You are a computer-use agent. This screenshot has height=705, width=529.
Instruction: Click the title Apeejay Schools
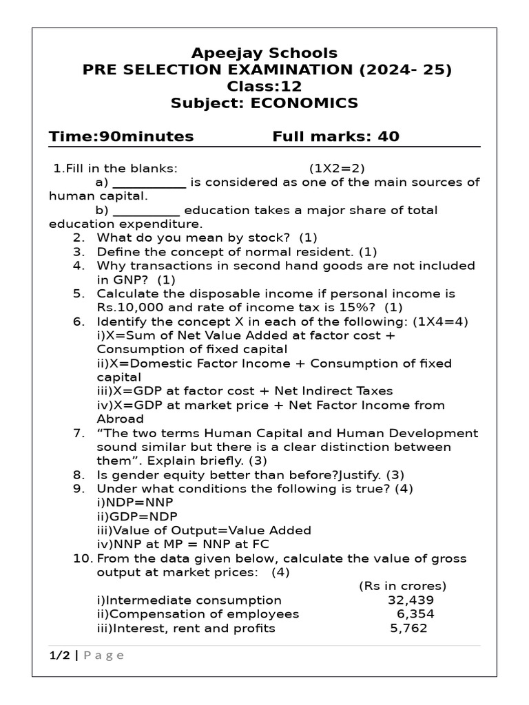(264, 53)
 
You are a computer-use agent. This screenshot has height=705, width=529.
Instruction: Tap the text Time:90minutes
(121, 136)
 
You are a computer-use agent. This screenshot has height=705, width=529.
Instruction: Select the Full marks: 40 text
(335, 136)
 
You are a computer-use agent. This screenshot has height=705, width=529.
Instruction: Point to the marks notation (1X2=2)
(337, 168)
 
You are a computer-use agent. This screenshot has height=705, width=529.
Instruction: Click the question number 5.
(79, 293)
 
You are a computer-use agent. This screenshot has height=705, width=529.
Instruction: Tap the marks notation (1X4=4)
(447, 322)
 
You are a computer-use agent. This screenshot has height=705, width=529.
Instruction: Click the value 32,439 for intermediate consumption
(411, 600)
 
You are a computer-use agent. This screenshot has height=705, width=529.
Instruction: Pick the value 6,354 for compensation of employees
(415, 614)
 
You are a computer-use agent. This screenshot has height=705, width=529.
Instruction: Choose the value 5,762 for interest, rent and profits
(408, 628)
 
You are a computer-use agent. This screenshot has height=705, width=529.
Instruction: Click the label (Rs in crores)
(402, 586)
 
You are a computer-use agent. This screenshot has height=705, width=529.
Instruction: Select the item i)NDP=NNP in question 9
(135, 503)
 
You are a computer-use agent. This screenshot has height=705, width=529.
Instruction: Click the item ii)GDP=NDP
(136, 516)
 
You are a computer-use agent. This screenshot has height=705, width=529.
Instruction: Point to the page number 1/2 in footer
(59, 655)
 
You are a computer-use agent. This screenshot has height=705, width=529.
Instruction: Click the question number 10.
(81, 558)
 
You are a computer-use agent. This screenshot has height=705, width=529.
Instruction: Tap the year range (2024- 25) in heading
(413, 70)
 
